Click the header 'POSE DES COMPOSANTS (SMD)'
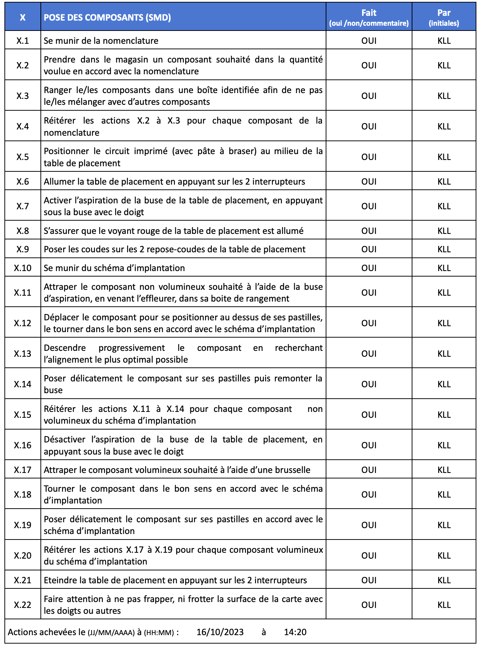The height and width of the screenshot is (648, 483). [x=107, y=18]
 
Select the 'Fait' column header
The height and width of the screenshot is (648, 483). [x=369, y=13]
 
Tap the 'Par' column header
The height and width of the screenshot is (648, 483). [x=444, y=13]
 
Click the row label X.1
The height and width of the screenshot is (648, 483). [x=23, y=41]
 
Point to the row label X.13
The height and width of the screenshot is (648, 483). [x=23, y=354]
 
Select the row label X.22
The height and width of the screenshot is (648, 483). [x=23, y=605]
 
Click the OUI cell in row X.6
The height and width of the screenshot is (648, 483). [x=369, y=182]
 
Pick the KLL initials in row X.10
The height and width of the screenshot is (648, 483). [x=444, y=268]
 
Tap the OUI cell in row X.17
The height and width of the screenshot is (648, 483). [x=369, y=470]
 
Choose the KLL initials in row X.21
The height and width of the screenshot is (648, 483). [x=444, y=580]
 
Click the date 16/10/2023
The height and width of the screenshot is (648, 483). [x=220, y=632]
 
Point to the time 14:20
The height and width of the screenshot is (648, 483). [x=295, y=632]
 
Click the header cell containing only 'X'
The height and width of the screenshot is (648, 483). [x=23, y=18]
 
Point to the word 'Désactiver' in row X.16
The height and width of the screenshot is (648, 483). [x=64, y=439]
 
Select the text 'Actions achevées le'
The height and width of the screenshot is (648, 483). [x=46, y=632]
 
